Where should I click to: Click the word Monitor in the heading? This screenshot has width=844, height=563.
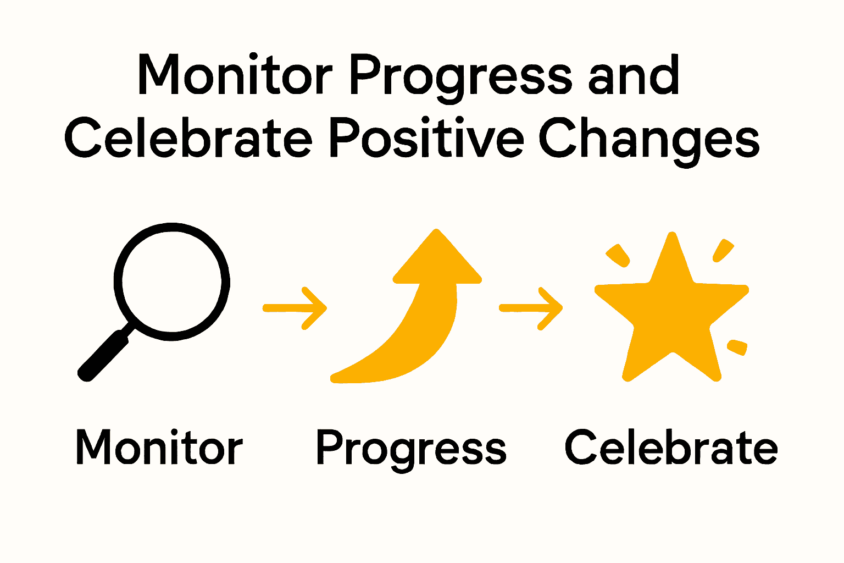tap(235, 75)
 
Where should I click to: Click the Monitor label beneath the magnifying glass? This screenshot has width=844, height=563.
tap(159, 448)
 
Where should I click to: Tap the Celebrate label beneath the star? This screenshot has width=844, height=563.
tap(671, 448)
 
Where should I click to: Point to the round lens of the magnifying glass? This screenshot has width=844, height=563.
tap(172, 281)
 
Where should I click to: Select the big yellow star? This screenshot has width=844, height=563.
tap(671, 313)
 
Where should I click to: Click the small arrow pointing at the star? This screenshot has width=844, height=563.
tap(530, 308)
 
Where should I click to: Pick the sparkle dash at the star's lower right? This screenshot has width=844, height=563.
tap(737, 347)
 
